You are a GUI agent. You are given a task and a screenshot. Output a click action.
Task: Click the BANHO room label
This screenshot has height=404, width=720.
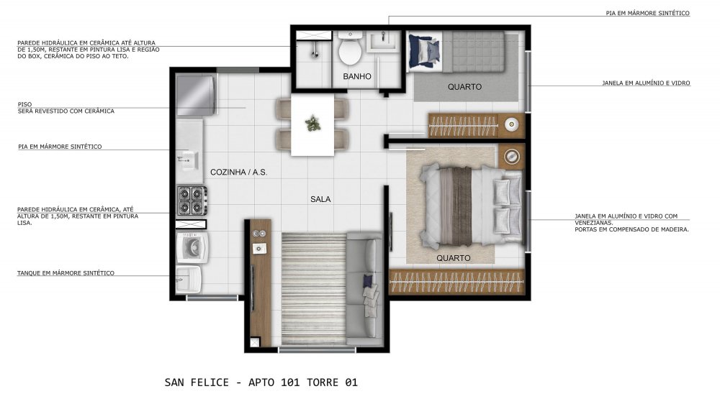click(357, 77)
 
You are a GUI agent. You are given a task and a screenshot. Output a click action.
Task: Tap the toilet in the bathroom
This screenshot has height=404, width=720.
click(351, 48)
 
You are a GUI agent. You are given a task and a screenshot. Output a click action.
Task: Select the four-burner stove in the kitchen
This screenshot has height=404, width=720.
click(192, 201)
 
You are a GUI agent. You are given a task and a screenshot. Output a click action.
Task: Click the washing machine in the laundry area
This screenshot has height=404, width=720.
click(192, 247)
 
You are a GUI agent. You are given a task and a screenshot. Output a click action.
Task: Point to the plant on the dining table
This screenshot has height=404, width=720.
click(313, 124)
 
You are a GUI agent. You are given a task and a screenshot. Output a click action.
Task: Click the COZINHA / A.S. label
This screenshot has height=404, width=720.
click(239, 173)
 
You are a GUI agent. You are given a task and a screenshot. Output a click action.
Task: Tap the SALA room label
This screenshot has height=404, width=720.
click(320, 199)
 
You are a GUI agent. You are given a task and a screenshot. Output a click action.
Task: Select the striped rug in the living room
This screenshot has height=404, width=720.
click(314, 288)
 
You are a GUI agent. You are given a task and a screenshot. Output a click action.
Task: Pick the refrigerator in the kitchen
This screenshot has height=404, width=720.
click(196, 96)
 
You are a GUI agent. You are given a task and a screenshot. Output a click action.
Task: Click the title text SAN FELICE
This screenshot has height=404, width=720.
click(197, 382)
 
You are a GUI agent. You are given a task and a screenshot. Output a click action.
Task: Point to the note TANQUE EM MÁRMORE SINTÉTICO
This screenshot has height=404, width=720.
click(66, 273)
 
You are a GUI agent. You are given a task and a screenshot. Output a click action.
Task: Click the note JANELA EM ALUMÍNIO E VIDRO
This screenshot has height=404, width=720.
click(646, 83)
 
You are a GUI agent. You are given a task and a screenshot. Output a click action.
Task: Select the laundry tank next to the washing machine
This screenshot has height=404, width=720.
click(188, 279)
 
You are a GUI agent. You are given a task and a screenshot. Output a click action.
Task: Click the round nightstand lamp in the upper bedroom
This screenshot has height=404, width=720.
click(511, 124)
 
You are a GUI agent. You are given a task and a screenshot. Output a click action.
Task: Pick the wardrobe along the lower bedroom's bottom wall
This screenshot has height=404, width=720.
click(456, 281)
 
